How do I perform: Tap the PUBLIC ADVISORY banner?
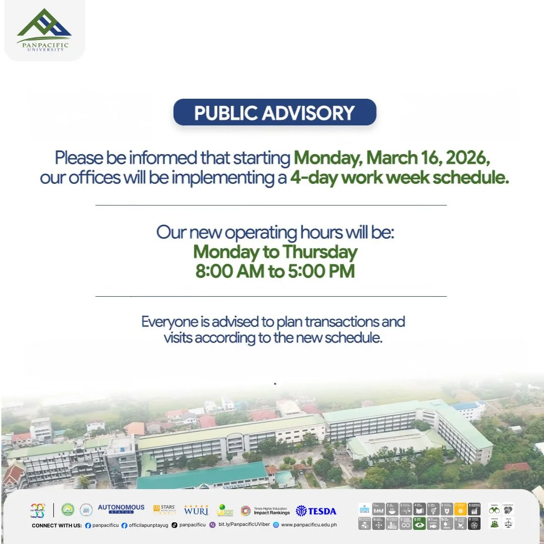(x=275, y=112)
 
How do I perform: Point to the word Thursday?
(x=319, y=251)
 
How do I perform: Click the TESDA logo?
(x=316, y=511)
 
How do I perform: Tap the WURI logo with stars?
(x=196, y=510)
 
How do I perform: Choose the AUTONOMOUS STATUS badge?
(x=121, y=509)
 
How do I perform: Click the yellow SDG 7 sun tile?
(x=460, y=509)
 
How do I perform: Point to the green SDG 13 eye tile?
(x=419, y=524)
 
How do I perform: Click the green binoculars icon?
(x=494, y=510)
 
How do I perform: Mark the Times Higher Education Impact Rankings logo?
(x=265, y=511)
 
